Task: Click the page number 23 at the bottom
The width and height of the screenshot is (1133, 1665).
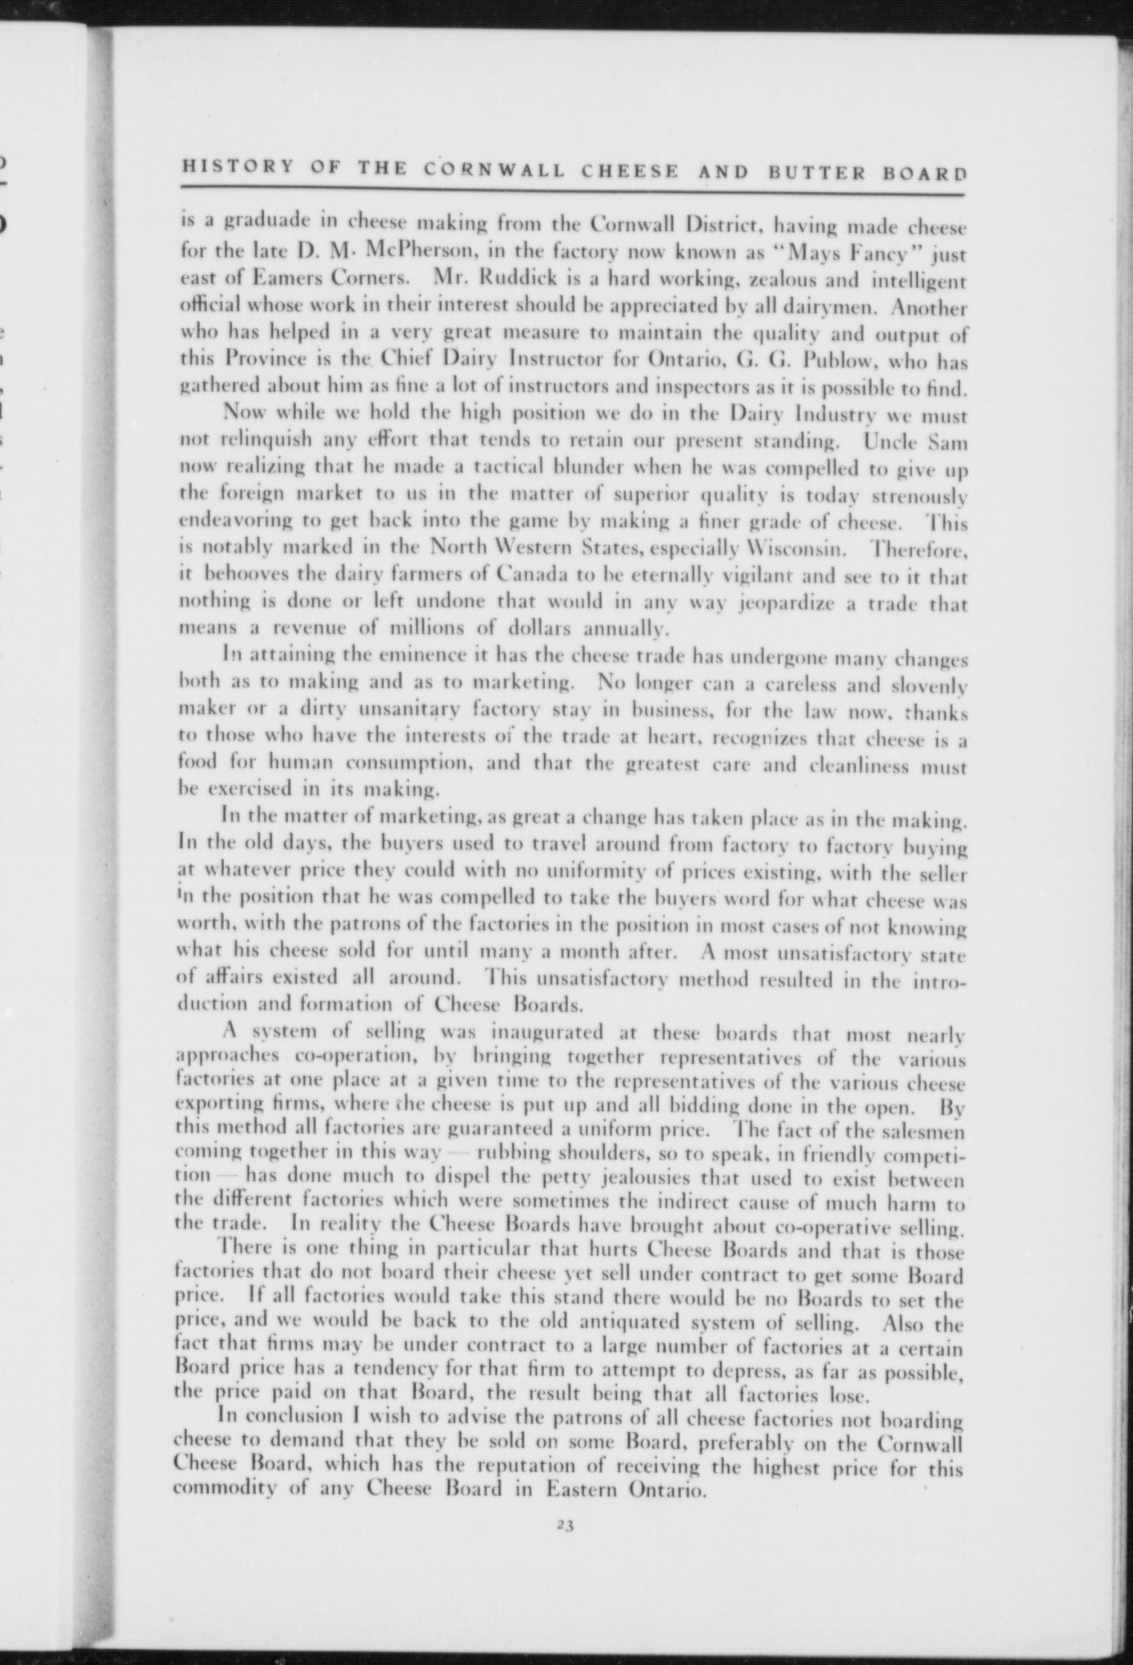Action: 566,1525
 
